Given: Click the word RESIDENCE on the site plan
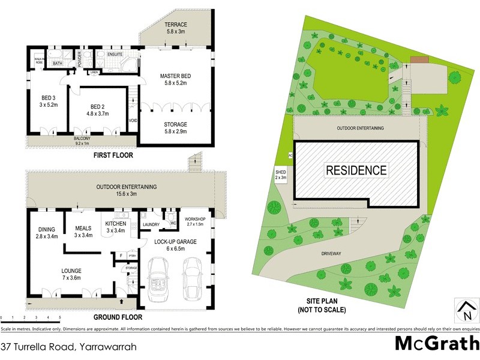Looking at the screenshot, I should tap(356, 170).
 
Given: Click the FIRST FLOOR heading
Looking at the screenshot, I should tap(113, 155).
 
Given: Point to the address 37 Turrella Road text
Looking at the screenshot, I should tap(68, 347).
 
